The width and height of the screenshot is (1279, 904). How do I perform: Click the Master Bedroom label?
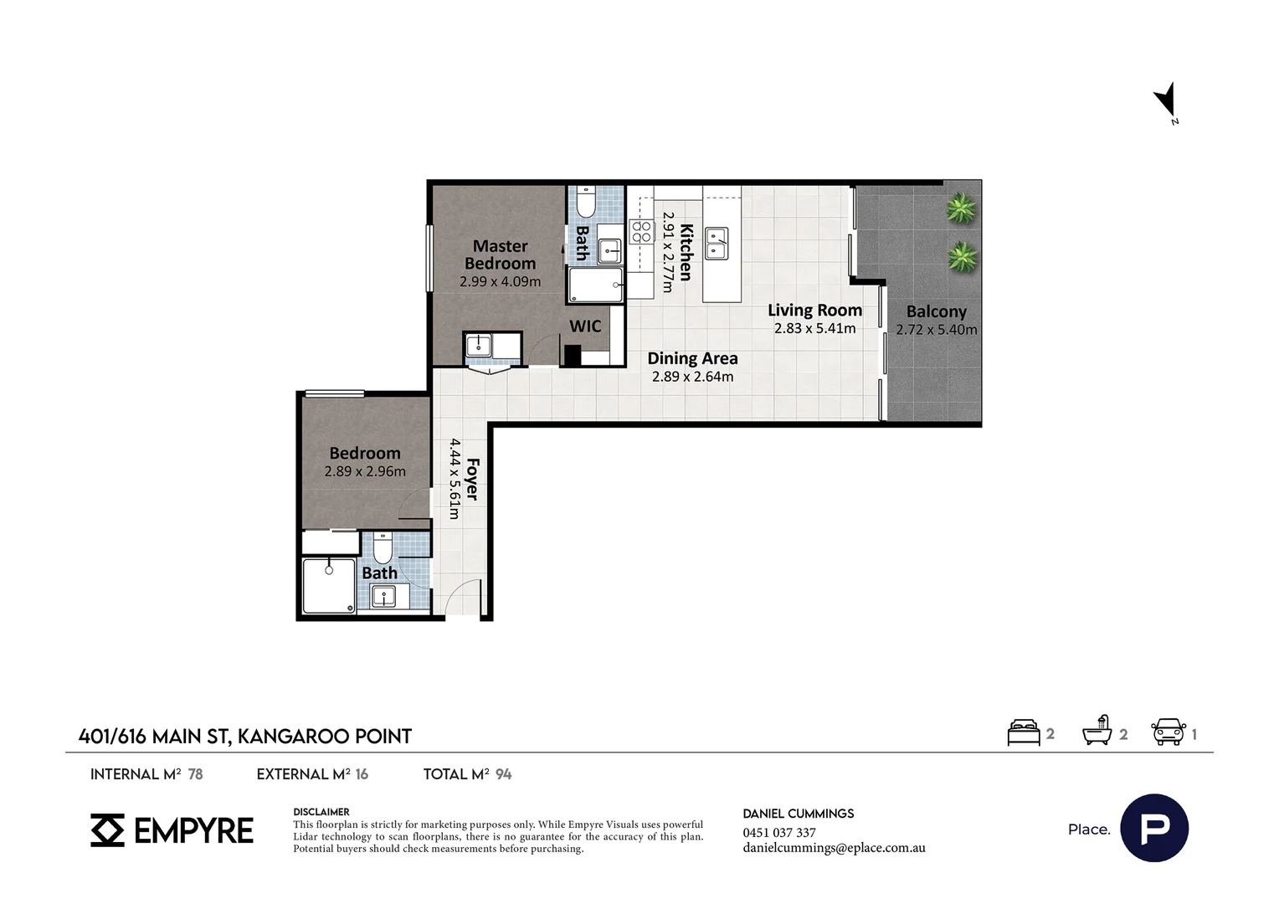tap(501, 254)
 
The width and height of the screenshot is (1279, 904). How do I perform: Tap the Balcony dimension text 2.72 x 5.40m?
tap(937, 330)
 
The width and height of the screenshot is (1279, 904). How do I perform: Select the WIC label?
tap(585, 326)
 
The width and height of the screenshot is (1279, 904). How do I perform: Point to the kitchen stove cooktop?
tap(641, 232)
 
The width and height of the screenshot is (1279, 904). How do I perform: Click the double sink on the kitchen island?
tap(717, 244)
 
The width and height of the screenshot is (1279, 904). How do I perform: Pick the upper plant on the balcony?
tap(961, 208)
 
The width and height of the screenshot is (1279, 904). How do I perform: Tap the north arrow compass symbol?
tap(1167, 101)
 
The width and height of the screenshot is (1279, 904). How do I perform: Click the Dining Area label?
tap(692, 358)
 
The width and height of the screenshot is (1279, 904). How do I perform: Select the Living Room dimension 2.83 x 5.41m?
tap(814, 328)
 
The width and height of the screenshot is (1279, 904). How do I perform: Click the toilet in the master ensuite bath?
tap(585, 202)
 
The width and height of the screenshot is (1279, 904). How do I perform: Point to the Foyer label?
tap(473, 479)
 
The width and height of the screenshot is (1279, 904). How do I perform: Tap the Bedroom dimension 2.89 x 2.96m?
tap(365, 472)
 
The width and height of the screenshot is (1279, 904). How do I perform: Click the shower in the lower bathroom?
tap(329, 586)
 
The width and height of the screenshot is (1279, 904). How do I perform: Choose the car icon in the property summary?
tap(1169, 732)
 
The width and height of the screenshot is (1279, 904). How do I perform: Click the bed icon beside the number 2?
tap(1023, 732)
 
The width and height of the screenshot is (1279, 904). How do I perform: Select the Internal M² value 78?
tap(195, 774)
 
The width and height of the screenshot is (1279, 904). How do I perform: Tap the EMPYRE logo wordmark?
tap(193, 830)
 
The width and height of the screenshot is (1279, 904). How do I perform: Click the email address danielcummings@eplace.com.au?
tap(835, 848)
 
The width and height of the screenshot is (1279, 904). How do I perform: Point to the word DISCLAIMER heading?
tap(321, 812)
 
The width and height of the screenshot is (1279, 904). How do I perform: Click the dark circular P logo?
tap(1154, 828)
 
